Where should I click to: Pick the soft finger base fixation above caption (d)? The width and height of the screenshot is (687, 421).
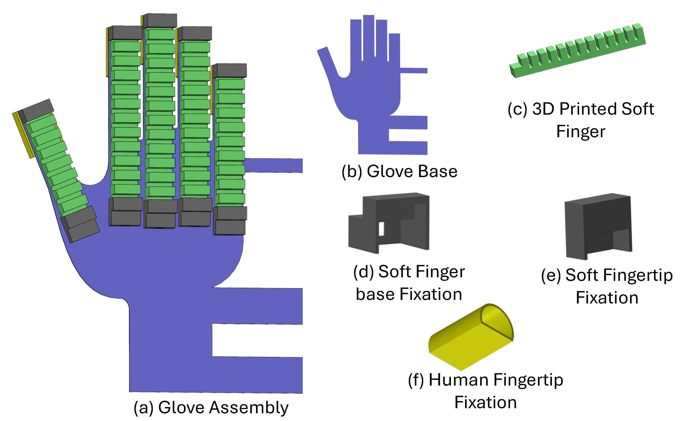tap(390, 223)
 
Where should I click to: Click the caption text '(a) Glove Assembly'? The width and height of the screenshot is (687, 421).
tap(211, 408)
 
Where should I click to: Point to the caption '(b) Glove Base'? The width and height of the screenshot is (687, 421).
tap(399, 171)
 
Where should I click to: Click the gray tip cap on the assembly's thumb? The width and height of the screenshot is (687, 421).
tap(38, 110)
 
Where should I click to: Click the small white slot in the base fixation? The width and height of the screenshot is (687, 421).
tap(381, 228)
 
